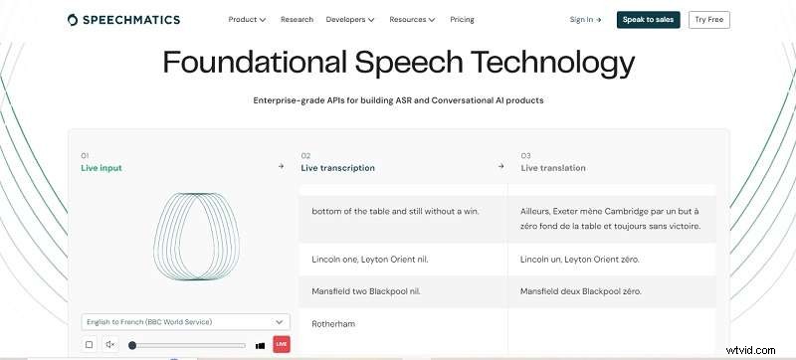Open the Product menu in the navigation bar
[x=247, y=19]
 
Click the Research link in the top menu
[x=297, y=19]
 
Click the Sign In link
[x=585, y=19]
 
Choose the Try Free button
[x=708, y=19]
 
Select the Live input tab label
[x=101, y=168]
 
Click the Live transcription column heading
[x=337, y=168]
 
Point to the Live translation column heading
[x=553, y=168]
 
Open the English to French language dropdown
[x=185, y=321]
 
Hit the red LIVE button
[x=281, y=344]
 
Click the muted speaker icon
[x=110, y=344]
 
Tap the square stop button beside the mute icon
[x=90, y=344]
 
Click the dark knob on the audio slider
[x=132, y=344]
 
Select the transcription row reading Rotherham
[x=333, y=324]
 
